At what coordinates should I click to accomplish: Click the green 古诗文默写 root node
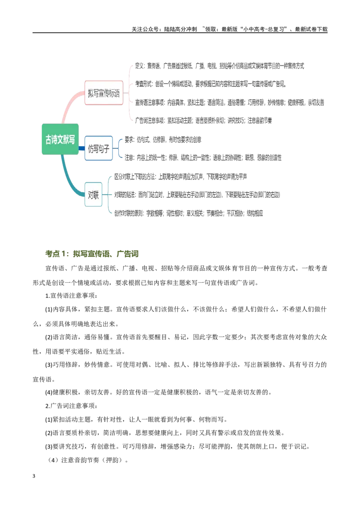click(x=60, y=139)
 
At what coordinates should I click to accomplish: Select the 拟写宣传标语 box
click(x=103, y=93)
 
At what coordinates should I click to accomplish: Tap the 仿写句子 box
click(x=99, y=148)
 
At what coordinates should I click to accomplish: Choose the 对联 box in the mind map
click(x=93, y=195)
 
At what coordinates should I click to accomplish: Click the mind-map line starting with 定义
click(x=220, y=66)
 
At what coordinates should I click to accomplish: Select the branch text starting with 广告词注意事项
click(x=203, y=121)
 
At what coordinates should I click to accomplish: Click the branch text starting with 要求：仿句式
click(x=163, y=139)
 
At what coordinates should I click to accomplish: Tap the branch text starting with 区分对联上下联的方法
click(x=180, y=177)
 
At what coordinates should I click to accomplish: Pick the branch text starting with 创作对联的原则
click(x=189, y=213)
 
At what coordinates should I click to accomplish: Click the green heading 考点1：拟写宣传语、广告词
click(x=92, y=254)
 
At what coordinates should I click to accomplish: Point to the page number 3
click(x=34, y=476)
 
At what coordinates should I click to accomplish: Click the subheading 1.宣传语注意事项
click(x=71, y=296)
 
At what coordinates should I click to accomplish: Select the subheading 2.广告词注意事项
click(x=71, y=406)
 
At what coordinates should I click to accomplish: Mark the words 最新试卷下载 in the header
click(x=311, y=29)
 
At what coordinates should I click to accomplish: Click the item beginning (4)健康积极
click(x=158, y=392)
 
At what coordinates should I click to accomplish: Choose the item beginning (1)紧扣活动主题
click(x=136, y=420)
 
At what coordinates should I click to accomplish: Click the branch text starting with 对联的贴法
click(x=197, y=195)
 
